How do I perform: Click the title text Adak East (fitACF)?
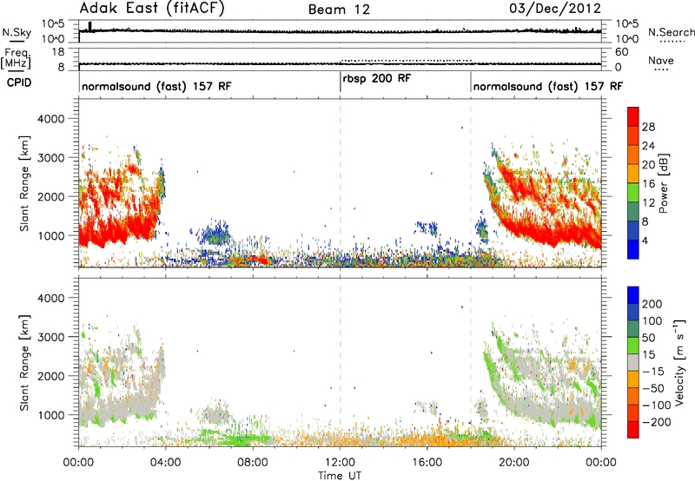click(x=152, y=9)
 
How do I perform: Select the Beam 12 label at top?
click(x=339, y=10)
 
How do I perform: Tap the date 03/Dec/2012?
click(x=555, y=9)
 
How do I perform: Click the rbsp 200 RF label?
click(x=377, y=78)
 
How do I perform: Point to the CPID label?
click(x=19, y=82)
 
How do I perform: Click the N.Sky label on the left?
click(x=17, y=32)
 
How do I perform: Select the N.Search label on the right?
click(x=671, y=32)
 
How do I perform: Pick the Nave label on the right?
click(x=661, y=60)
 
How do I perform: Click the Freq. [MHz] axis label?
click(x=16, y=59)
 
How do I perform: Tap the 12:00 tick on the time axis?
click(x=340, y=463)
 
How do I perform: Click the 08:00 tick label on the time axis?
click(x=253, y=463)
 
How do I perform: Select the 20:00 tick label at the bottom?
click(x=513, y=463)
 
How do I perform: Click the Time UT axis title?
click(x=340, y=475)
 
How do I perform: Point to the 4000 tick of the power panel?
click(x=50, y=119)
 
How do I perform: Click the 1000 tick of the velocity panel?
click(x=50, y=415)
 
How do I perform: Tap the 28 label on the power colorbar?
click(x=648, y=127)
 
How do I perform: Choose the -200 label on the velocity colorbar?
click(x=657, y=422)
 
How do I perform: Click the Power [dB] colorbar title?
click(x=664, y=183)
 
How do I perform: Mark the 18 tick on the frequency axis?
click(x=58, y=52)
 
